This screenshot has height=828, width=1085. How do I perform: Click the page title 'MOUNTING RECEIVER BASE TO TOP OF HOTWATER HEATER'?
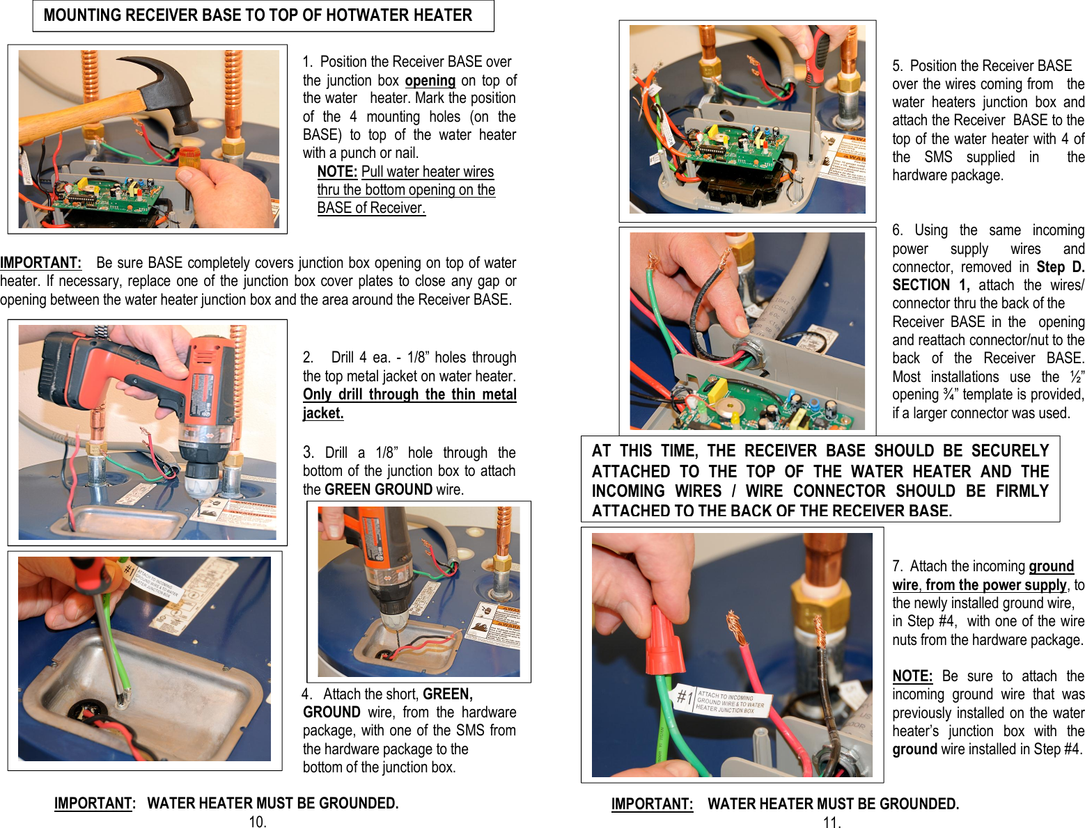[258, 15]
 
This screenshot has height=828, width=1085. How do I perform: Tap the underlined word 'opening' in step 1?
[430, 81]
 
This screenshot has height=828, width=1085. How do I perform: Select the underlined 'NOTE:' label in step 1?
[337, 172]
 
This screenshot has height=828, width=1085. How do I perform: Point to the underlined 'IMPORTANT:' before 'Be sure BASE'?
[40, 263]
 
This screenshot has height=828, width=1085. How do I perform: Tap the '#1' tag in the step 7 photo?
[685, 696]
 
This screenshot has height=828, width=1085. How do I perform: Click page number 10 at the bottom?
[258, 822]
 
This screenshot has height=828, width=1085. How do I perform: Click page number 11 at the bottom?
[832, 822]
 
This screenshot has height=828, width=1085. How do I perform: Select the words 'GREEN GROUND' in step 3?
[379, 490]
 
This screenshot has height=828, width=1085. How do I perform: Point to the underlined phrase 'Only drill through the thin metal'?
[409, 395]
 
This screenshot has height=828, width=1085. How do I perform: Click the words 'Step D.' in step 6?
[1060, 267]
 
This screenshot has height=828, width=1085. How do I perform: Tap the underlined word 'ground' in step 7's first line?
[1051, 566]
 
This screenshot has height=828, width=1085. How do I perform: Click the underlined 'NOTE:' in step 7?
[912, 676]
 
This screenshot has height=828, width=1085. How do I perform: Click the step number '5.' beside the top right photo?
[898, 66]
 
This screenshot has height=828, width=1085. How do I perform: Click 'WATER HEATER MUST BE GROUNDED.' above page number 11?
[833, 804]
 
